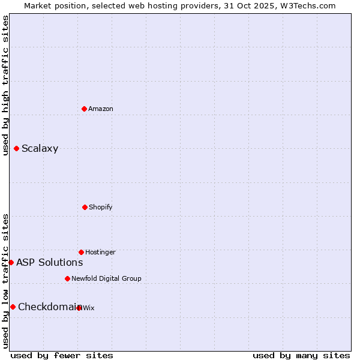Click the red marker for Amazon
point(84,109)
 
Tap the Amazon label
point(101,109)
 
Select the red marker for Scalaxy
point(16,148)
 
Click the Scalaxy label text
point(40,149)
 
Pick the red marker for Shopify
point(85,207)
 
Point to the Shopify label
point(101,208)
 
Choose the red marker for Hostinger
point(81,252)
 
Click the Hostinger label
point(100,253)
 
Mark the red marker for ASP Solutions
point(11,262)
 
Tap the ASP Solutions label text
point(49,263)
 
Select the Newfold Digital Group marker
point(67,278)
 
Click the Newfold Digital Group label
point(106,279)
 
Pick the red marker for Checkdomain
point(13,307)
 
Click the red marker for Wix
point(79,308)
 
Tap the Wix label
point(89,308)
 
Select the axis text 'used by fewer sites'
point(62,356)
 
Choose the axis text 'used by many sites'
point(301,356)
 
